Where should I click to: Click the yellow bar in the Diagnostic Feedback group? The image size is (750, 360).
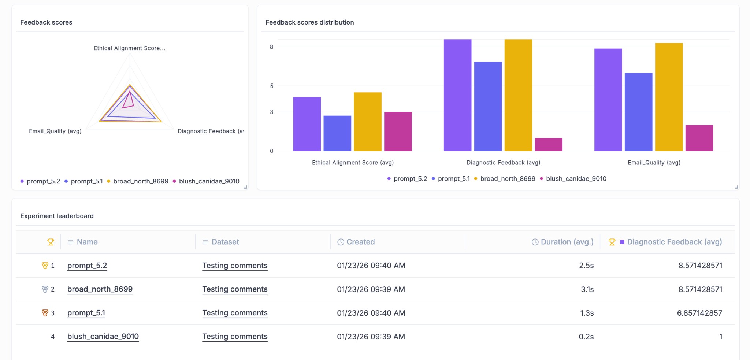518,95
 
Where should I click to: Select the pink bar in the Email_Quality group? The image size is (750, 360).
699,138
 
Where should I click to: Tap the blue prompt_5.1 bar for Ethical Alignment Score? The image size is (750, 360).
337,133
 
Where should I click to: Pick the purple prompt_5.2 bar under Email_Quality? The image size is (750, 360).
608,100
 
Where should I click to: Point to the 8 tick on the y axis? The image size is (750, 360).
271,47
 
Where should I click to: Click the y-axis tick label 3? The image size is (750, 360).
271,112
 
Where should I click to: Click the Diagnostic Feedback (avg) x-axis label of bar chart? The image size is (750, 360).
503,163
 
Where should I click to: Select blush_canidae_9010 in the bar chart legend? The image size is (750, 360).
576,179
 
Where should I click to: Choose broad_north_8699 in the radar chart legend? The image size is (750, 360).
140,181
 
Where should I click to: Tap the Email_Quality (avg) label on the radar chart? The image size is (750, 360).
55,131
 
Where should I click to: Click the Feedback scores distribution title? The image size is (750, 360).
309,22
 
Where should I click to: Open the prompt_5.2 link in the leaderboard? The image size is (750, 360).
87,266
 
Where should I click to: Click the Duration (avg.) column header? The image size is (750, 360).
567,242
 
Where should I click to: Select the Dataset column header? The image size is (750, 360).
225,242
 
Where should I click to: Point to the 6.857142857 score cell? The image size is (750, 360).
699,313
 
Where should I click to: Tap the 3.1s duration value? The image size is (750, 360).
587,289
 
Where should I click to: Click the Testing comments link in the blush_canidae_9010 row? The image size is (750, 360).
235,337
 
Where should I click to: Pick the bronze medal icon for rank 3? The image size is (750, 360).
45,313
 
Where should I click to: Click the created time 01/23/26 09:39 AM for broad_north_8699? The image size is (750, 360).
371,289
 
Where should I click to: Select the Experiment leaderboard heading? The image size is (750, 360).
57,216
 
